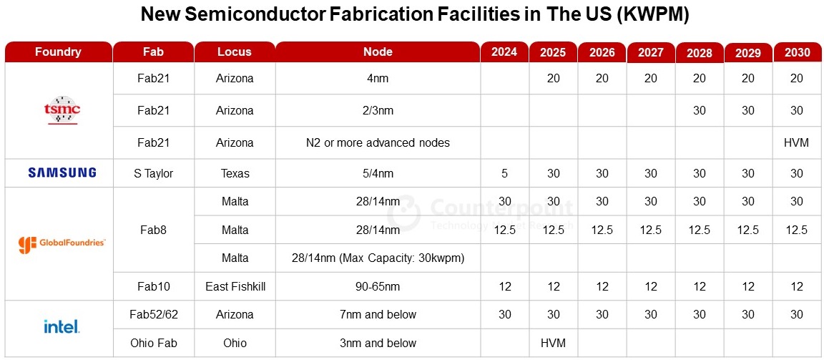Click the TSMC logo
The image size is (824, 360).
[62, 110]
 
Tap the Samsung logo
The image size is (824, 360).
[62, 172]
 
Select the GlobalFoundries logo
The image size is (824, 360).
[62, 243]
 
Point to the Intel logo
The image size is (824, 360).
[62, 327]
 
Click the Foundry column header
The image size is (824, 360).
[58, 52]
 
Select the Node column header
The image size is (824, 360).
[378, 52]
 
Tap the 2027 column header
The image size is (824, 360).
[650, 52]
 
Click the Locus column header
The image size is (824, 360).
[235, 52]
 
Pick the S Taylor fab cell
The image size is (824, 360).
[154, 173]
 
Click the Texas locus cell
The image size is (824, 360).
[235, 173]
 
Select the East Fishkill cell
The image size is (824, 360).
[235, 286]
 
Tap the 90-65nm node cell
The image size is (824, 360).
[378, 286]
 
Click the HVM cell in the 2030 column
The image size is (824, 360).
[796, 142]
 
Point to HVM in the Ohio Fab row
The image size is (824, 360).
[553, 343]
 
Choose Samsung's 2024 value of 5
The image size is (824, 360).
[504, 173]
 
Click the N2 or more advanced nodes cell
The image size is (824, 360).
[378, 142]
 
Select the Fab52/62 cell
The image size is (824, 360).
[154, 314]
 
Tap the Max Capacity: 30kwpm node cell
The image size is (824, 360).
[378, 258]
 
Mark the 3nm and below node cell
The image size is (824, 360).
[378, 343]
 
